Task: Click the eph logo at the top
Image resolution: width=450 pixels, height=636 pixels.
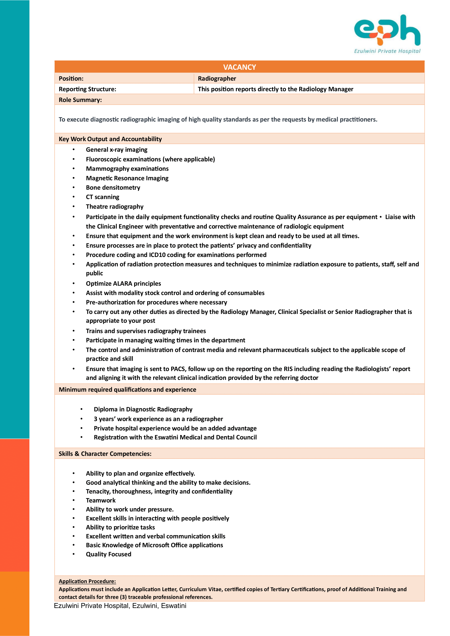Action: (x=387, y=30)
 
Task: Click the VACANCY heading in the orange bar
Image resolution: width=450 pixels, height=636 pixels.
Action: (x=239, y=67)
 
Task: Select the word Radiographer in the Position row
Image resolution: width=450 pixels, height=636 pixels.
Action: (x=217, y=78)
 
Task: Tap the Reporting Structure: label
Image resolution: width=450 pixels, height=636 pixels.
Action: (x=87, y=89)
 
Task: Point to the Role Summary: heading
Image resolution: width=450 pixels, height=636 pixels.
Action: (x=80, y=100)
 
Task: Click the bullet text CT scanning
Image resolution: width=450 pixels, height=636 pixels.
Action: (x=103, y=197)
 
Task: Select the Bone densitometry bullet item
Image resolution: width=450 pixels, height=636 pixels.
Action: (x=113, y=188)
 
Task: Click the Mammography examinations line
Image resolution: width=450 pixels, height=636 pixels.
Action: (x=127, y=169)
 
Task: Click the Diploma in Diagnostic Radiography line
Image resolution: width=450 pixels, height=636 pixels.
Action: (x=143, y=409)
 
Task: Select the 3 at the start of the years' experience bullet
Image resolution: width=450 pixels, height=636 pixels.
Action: (x=95, y=419)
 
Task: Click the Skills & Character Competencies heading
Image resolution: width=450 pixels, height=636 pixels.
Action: (x=105, y=454)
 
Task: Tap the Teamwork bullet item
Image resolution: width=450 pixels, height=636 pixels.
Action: (x=101, y=500)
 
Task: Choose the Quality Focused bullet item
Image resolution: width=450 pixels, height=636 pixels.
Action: (x=108, y=554)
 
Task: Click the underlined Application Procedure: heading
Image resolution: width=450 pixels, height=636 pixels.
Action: (x=87, y=581)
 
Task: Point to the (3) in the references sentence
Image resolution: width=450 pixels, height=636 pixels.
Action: (x=123, y=597)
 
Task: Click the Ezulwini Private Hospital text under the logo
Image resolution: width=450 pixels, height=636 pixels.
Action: (x=387, y=51)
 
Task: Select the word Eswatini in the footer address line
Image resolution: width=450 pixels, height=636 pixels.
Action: (x=174, y=606)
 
